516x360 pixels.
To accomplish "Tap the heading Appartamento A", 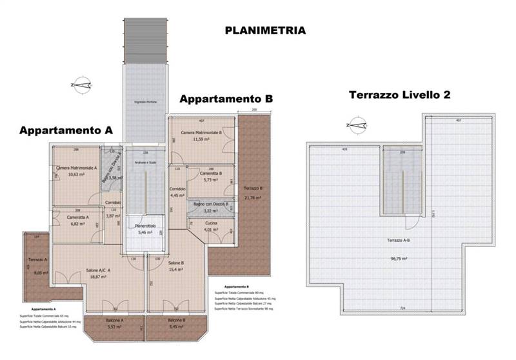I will pos(66,130).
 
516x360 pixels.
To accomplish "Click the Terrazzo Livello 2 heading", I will pos(399,94).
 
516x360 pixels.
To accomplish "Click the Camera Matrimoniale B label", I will pos(201,133).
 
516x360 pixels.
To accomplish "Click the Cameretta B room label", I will pos(212,173).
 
